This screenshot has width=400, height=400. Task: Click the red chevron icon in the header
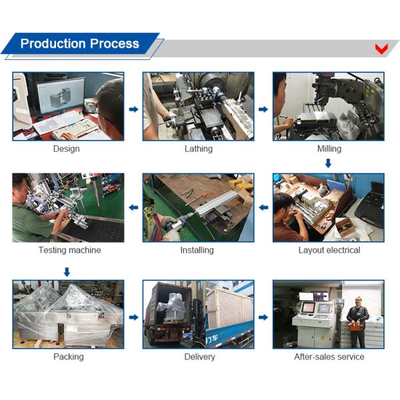coord(381,49)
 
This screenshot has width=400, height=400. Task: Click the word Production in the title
coord(53,43)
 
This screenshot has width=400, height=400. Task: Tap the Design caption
coord(66,149)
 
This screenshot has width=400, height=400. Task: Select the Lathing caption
coord(199,149)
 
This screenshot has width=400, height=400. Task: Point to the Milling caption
coord(329,149)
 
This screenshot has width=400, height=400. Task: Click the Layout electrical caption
coord(329,250)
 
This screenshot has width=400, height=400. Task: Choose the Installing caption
coord(197,250)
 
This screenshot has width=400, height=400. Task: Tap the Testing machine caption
coord(69,250)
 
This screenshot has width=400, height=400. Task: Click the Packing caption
coord(69,357)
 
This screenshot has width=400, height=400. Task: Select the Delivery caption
coord(199,357)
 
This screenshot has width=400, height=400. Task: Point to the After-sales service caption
coord(329,357)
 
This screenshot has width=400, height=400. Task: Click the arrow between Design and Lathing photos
coord(133,109)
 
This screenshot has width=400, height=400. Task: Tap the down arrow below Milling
coord(328,163)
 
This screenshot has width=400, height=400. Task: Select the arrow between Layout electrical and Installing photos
coord(263,207)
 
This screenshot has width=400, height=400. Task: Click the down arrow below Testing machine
coord(67,272)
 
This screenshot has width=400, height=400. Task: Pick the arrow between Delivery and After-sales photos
coord(263,317)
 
